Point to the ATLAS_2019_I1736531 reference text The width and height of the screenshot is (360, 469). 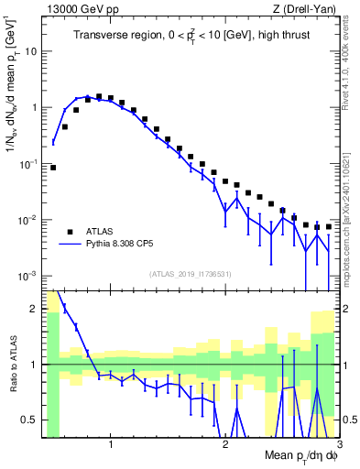[190, 274]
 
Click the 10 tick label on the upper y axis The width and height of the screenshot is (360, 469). [29, 51]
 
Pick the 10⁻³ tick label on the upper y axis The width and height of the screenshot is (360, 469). [27, 276]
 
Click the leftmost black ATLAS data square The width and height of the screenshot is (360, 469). [53, 168]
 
